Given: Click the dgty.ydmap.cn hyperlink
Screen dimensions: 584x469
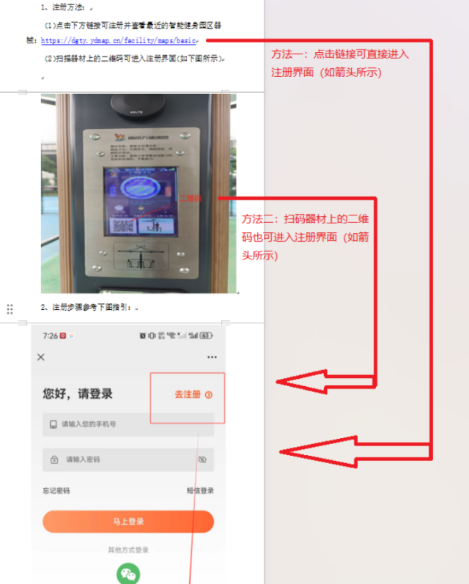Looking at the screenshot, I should pyautogui.click(x=117, y=41).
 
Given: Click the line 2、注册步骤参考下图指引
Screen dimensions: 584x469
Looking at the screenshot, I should pyautogui.click(x=88, y=307).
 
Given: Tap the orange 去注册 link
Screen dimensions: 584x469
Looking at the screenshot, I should pyautogui.click(x=188, y=394).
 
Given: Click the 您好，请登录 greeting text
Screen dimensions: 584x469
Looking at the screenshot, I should pyautogui.click(x=78, y=394).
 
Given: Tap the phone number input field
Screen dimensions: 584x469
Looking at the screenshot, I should pyautogui.click(x=128, y=424).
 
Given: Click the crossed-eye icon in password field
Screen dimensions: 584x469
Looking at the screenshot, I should pyautogui.click(x=202, y=459).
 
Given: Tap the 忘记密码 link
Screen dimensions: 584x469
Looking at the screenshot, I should pyautogui.click(x=56, y=490).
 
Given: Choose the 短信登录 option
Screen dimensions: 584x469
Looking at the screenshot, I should pyautogui.click(x=200, y=490).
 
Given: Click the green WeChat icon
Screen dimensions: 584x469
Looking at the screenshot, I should pyautogui.click(x=128, y=574).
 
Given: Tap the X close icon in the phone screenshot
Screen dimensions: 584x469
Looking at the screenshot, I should pyautogui.click(x=41, y=357).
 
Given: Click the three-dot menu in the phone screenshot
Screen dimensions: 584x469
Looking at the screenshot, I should pyautogui.click(x=212, y=357).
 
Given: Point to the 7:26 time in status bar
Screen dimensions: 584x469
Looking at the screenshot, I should pyautogui.click(x=50, y=336).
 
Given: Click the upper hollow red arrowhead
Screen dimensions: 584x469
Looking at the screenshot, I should pyautogui.click(x=308, y=382).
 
